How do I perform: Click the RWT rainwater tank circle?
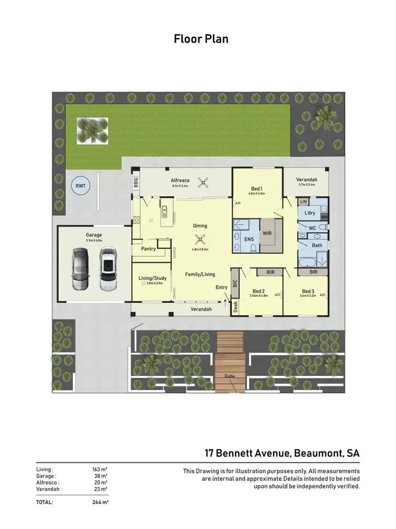tap(81, 186)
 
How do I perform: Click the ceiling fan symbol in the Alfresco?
tap(202, 183)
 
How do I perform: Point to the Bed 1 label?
tap(257, 188)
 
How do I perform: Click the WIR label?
tap(268, 232)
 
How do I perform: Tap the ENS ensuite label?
tap(249, 239)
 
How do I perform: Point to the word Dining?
tap(200, 226)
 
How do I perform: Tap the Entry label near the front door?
tap(221, 287)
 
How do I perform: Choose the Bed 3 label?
tap(308, 291)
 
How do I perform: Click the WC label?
tap(312, 229)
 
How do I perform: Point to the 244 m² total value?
tap(99, 502)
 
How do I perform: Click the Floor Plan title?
tap(201, 39)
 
